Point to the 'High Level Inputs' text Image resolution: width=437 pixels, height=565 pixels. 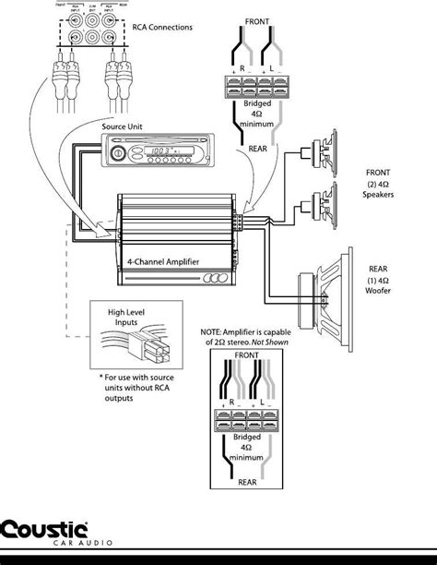(125, 319)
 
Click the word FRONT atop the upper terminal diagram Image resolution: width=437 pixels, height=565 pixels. (258, 19)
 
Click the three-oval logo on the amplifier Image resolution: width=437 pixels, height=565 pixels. (217, 281)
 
